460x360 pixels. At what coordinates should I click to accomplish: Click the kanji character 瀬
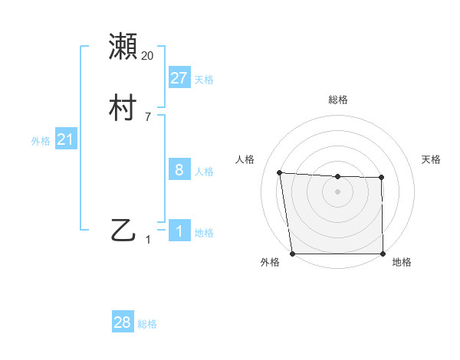point(124,47)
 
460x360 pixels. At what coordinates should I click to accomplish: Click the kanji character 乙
point(124,231)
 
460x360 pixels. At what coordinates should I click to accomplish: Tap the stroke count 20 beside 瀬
point(148,56)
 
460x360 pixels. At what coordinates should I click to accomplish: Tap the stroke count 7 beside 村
point(148,117)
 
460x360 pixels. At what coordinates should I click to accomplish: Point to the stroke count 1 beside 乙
point(148,240)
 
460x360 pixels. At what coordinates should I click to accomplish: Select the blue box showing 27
point(179,78)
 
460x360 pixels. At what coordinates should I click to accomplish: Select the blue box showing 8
point(179,170)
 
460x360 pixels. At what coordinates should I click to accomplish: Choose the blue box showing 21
point(66,140)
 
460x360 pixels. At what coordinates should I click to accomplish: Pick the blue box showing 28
point(123,322)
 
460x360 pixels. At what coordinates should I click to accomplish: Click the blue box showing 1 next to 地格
point(179,231)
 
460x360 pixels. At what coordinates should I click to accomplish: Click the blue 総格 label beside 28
point(147,324)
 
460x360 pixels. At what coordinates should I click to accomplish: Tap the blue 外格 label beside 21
point(41,141)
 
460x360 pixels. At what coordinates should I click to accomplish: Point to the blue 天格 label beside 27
point(204,80)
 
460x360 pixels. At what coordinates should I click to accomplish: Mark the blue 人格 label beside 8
point(204,172)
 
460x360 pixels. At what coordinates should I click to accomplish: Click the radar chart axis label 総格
point(338,100)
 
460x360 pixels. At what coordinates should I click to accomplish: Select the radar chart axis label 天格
point(432,159)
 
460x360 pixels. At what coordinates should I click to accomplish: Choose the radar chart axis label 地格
point(402,263)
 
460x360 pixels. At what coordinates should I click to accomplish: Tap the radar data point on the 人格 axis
point(279,172)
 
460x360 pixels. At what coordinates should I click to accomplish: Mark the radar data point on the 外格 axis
point(292,254)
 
